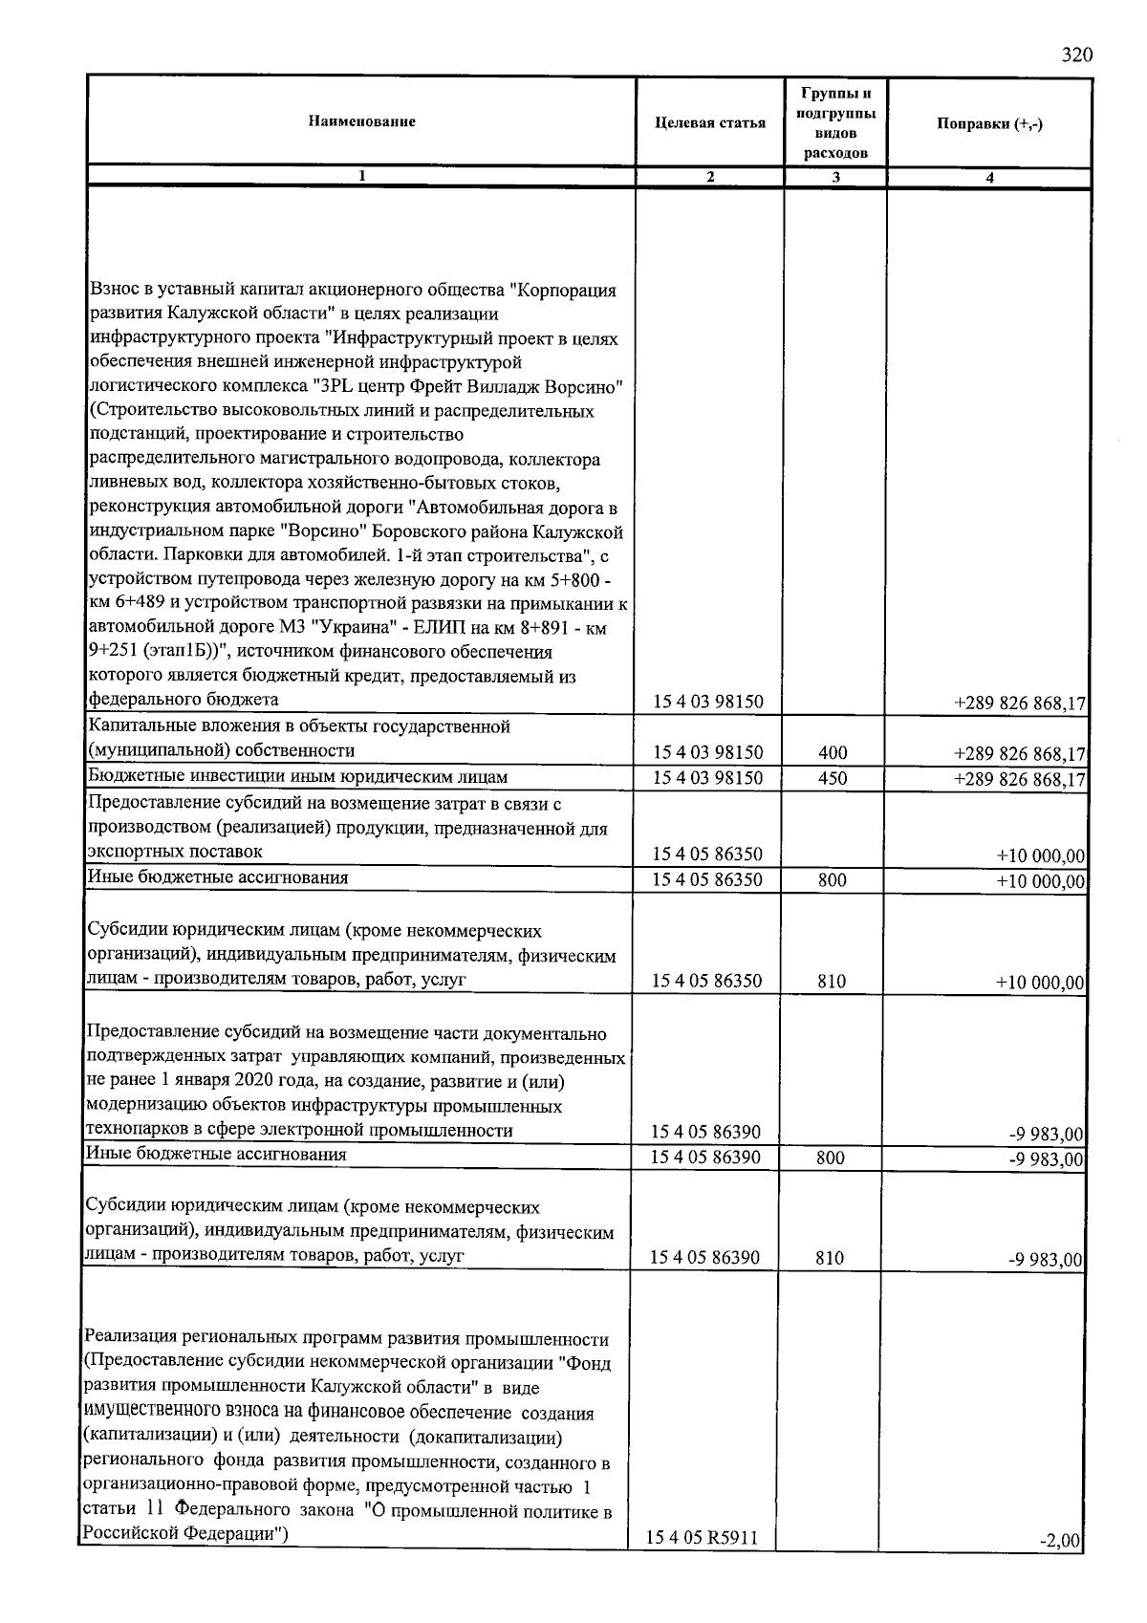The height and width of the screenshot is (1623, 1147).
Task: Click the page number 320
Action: point(1076,54)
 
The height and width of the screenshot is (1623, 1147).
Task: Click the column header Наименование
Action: point(361,121)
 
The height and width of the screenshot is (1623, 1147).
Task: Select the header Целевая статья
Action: point(710,122)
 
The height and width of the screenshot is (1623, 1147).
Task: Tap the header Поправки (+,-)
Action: point(989,123)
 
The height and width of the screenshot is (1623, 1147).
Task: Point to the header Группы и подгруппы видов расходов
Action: point(835,122)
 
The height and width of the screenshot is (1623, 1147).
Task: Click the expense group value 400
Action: point(833,753)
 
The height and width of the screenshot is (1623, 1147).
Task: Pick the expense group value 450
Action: point(833,778)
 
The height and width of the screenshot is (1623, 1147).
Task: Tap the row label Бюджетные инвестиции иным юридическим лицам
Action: point(297,776)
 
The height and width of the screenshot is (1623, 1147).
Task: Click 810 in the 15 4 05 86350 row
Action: point(831,981)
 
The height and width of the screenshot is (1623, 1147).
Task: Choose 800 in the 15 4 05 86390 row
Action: point(831,1158)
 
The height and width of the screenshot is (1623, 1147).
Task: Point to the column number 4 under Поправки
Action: point(989,177)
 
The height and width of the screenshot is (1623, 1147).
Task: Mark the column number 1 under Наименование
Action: point(361,177)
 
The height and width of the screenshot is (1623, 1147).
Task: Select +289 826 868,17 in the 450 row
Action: point(1020,779)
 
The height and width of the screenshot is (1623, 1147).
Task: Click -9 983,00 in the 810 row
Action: point(1047,1259)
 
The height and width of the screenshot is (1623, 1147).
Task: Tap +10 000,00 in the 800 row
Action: point(1041,880)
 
